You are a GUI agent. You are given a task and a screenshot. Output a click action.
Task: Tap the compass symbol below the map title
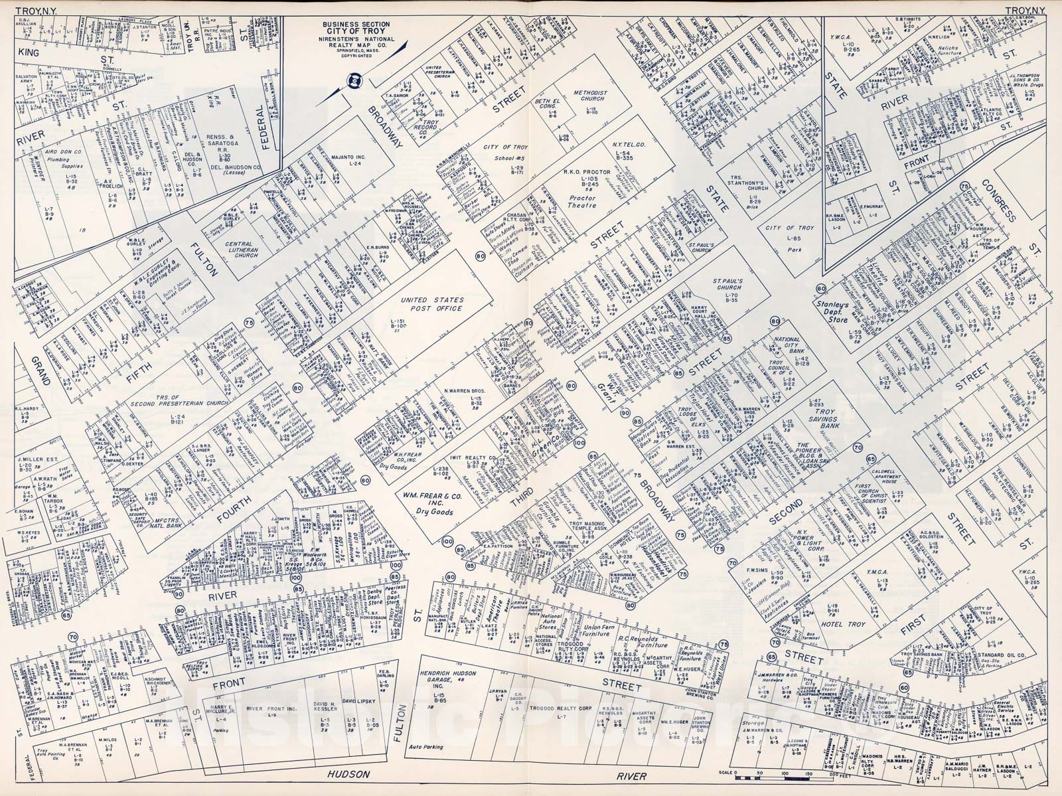pyautogui.click(x=355, y=82)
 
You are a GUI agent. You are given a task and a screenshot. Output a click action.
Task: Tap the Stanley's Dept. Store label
pyautogui.click(x=844, y=310)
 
